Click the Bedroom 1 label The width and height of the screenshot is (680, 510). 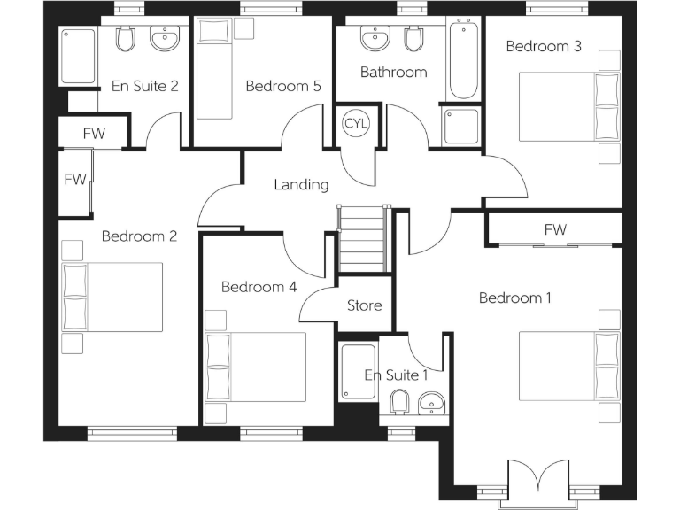514,298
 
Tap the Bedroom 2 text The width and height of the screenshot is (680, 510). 139,236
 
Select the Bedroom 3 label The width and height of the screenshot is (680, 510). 543,46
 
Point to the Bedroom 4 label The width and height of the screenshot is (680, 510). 259,287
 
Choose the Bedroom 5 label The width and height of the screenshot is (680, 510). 283,86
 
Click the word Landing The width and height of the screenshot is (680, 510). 301,185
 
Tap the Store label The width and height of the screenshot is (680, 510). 364,305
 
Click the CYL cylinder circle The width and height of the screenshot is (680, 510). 356,121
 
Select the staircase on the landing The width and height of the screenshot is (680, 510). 363,241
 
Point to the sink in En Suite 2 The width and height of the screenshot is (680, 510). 164,40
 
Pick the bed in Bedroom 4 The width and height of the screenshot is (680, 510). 256,367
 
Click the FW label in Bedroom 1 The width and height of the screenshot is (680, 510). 555,230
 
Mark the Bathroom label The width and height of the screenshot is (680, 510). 393,73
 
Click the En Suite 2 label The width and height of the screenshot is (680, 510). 145,86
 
